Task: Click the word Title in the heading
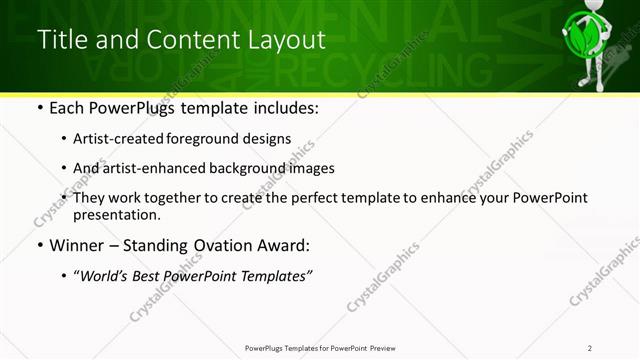point(59,40)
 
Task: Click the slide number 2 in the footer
point(590,348)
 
